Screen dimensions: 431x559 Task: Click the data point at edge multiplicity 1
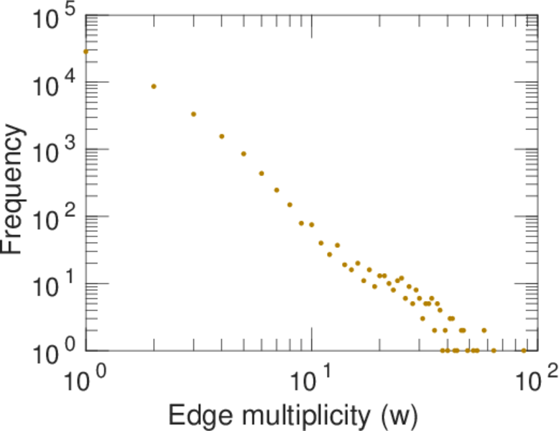pos(86,52)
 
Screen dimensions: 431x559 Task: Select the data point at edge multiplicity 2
pos(154,86)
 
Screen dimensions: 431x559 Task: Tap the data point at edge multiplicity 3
pos(193,114)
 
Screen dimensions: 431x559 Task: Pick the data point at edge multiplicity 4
pos(222,136)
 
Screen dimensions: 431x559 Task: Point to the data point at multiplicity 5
pos(244,154)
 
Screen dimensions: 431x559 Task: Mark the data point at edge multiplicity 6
pos(262,173)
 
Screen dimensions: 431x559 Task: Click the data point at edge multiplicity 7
pos(277,190)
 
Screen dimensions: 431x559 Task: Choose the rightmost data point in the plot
pos(524,351)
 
